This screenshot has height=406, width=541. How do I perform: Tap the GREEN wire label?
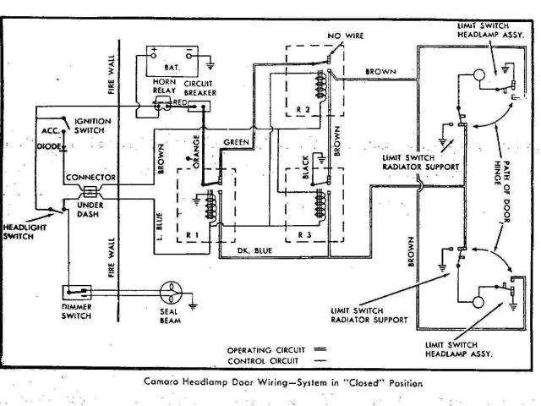coord(237,140)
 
